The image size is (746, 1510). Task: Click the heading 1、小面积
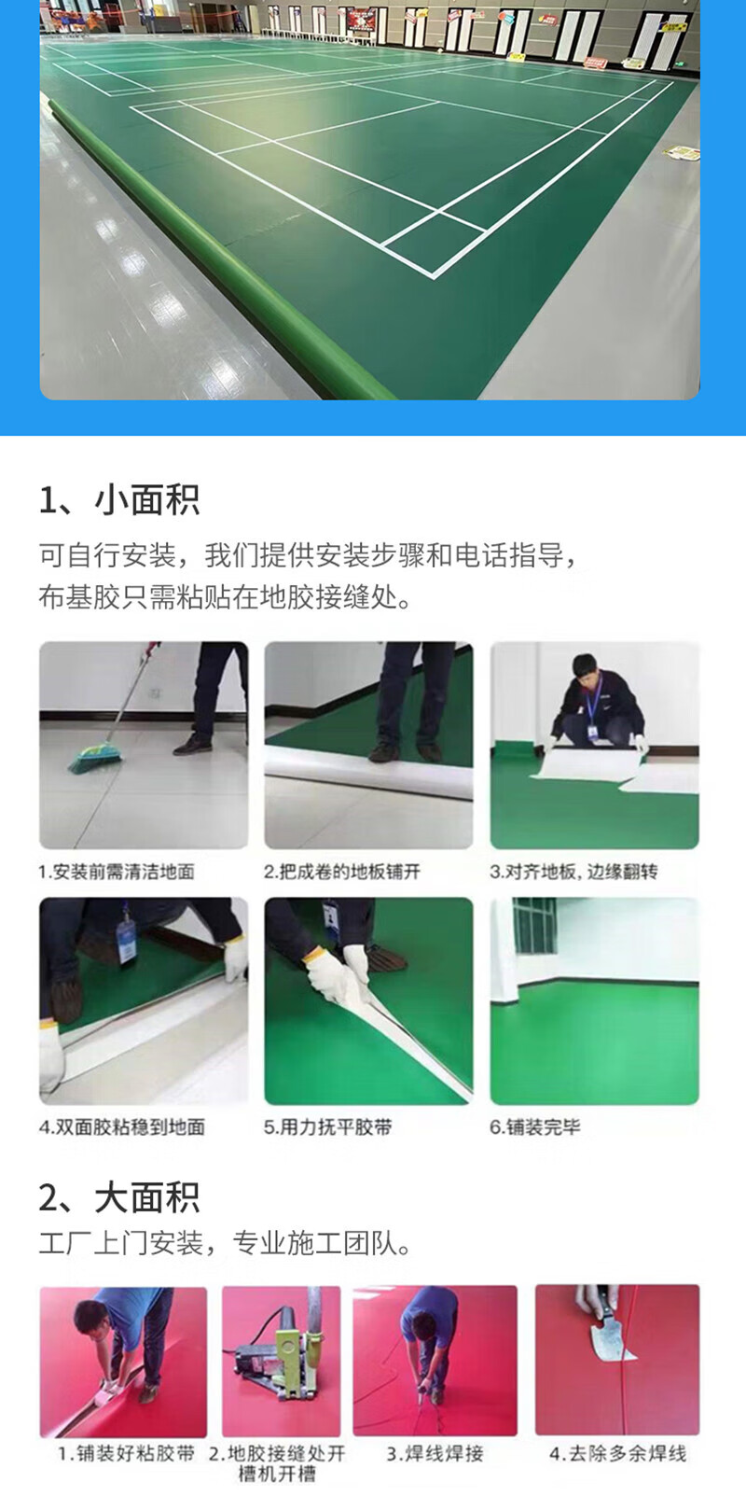point(119,500)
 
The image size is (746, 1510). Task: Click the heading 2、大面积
point(119,1198)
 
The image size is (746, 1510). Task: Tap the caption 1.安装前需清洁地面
point(117,872)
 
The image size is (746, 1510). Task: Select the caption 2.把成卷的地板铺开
point(342,872)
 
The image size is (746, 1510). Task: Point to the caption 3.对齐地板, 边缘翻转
point(573,872)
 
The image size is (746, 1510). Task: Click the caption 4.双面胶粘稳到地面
point(122,1126)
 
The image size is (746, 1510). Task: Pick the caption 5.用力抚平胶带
point(327,1126)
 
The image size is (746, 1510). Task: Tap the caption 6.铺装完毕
point(534,1126)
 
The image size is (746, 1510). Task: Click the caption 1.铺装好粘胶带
point(126,1453)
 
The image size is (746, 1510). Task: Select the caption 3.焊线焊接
point(435,1453)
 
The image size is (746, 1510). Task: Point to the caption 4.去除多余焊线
point(618,1453)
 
